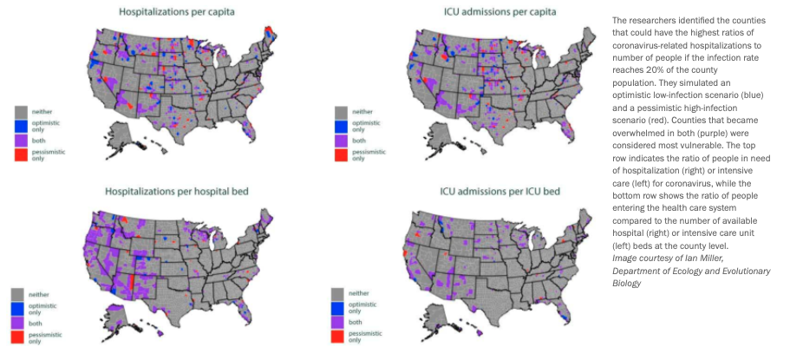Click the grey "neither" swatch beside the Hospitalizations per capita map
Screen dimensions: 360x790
point(23,111)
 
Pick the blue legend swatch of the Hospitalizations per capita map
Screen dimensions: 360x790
point(23,126)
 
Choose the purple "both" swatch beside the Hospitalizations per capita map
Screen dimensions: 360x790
point(23,140)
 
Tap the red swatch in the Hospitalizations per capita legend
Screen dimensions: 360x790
point(23,154)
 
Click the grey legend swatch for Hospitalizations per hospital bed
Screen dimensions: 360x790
point(17,293)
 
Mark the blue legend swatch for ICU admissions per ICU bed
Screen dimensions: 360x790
point(338,307)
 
